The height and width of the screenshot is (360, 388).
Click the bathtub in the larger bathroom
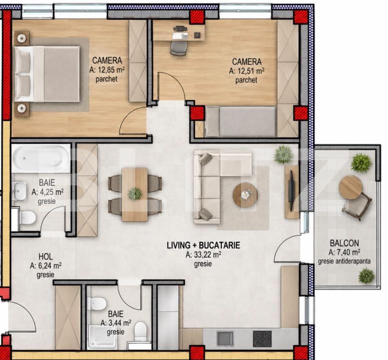pos(41,158)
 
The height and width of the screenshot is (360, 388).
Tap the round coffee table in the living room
pos(245,195)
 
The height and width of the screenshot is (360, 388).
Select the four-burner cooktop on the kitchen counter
pos(262,339)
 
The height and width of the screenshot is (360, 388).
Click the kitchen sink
pos(225,339)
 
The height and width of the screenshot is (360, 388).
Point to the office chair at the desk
pos(178,47)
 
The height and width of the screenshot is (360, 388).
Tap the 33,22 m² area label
pos(204,254)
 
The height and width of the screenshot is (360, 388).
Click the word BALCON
pos(344,243)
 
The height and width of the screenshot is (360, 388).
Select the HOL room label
pos(46,256)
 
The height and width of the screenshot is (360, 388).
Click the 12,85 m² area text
pos(107,70)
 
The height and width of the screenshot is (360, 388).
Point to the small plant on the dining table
pos(135,193)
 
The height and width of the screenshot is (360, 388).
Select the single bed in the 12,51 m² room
pos(241,122)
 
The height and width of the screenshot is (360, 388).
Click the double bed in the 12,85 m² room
pos(47,74)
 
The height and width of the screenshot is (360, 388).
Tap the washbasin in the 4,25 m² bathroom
pos(20,190)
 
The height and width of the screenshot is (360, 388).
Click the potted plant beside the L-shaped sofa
pos(283,154)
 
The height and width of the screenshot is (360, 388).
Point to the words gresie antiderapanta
pos(344,261)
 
